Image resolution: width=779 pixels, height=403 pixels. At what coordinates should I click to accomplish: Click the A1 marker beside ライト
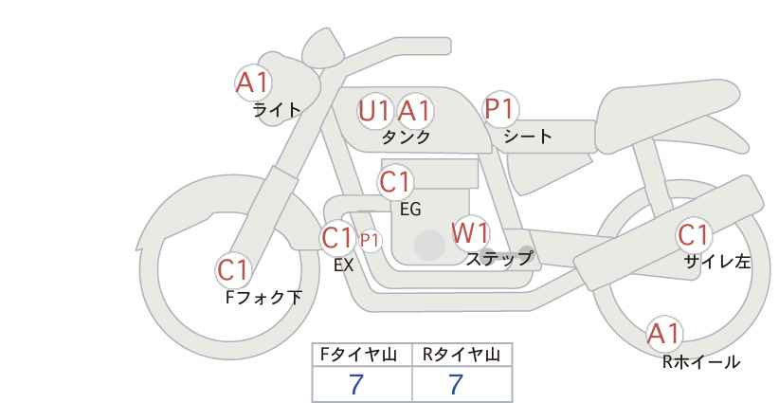[253, 82]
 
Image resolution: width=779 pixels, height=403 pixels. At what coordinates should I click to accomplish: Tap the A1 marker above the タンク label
[413, 111]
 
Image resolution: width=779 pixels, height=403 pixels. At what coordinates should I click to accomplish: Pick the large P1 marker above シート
[502, 109]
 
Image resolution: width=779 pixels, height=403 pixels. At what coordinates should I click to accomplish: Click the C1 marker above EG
[395, 181]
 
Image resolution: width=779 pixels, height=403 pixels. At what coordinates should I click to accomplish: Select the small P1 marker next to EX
[370, 240]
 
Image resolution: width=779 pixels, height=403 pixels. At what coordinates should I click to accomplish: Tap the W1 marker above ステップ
[470, 232]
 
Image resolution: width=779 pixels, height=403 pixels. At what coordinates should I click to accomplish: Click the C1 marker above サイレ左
[694, 235]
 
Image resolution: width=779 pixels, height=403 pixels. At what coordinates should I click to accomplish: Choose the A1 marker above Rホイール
[664, 333]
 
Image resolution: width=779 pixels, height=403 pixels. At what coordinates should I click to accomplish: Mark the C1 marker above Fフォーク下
[233, 270]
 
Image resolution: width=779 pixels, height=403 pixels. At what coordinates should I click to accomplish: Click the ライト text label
[277, 110]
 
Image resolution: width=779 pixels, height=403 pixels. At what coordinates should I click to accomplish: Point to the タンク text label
[406, 137]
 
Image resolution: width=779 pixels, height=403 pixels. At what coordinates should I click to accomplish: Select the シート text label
[528, 137]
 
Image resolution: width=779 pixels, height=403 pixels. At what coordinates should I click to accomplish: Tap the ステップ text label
[498, 258]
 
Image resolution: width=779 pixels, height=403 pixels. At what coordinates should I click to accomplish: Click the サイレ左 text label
[717, 261]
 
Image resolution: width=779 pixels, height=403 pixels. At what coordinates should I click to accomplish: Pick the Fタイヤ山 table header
[363, 356]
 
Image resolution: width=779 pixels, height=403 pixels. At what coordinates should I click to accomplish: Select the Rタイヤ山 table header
[462, 356]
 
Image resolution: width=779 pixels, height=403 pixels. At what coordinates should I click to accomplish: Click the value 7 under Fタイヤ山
[356, 384]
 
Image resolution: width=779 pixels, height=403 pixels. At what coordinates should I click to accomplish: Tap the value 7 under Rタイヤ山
[456, 384]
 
